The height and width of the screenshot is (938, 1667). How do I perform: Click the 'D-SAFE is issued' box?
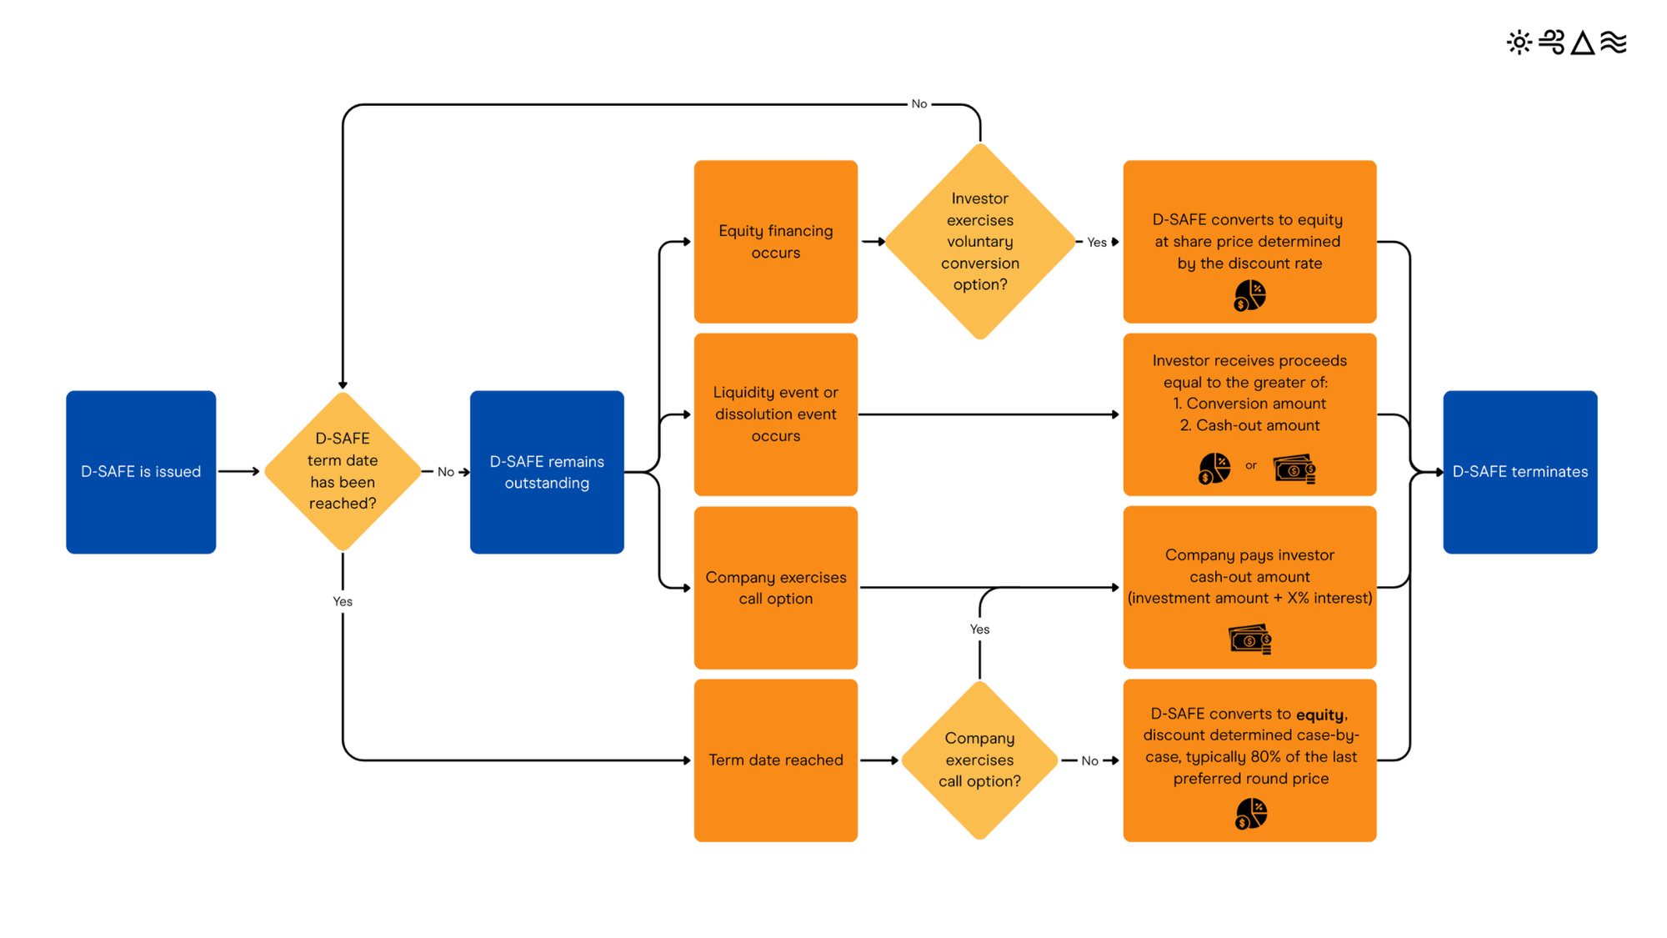(x=141, y=472)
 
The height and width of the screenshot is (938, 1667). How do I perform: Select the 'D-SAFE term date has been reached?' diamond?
(x=343, y=472)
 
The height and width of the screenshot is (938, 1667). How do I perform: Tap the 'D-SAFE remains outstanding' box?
(x=547, y=472)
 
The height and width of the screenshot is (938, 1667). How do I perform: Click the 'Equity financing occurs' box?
(x=775, y=242)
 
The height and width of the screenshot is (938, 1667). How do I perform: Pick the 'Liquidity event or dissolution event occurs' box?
(x=775, y=414)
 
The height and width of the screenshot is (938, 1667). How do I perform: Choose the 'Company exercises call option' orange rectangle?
(x=775, y=588)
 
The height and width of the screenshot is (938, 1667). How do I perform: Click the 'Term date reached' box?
(x=775, y=760)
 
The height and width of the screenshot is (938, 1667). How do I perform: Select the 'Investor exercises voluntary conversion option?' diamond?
(x=980, y=242)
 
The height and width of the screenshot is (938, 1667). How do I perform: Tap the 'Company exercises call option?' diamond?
(x=980, y=760)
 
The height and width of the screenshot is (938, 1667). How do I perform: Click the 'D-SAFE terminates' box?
(x=1519, y=472)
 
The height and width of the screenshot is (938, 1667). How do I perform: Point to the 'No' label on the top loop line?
(x=919, y=104)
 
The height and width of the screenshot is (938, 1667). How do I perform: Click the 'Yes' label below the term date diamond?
(x=343, y=602)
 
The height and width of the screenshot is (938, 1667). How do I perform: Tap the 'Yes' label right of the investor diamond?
(x=1097, y=243)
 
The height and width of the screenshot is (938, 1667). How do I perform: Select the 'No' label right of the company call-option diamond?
(x=1089, y=761)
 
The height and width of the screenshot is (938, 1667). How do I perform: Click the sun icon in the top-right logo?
(x=1519, y=43)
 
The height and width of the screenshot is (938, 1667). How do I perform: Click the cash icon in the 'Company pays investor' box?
(x=1249, y=640)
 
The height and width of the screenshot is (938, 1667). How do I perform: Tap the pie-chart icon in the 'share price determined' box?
(x=1249, y=295)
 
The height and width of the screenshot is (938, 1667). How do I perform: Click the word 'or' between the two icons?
(x=1251, y=466)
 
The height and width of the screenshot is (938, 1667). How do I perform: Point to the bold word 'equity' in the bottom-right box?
(x=1320, y=715)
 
